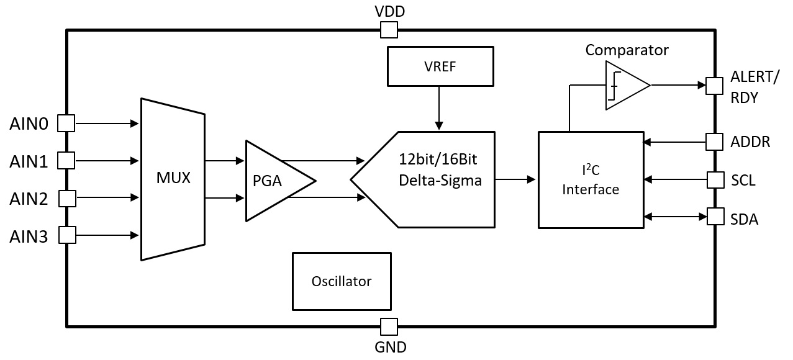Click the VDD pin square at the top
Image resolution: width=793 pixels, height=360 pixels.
[389, 30]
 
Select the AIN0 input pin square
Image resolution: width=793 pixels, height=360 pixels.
[66, 124]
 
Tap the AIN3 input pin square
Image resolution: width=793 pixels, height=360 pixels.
[67, 235]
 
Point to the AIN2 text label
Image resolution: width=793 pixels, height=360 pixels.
[29, 200]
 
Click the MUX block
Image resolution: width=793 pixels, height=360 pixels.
[173, 179]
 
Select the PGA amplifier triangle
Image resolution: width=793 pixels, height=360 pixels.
[273, 181]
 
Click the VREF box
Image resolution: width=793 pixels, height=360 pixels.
[440, 66]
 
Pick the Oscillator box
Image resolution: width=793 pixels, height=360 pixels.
[342, 281]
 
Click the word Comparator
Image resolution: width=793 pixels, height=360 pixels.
[627, 50]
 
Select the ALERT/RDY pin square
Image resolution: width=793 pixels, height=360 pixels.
[715, 86]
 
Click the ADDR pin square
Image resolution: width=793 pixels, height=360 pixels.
[715, 142]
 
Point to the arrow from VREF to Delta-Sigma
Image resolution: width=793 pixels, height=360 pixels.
[439, 108]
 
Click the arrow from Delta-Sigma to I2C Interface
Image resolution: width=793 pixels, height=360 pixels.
[516, 180]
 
